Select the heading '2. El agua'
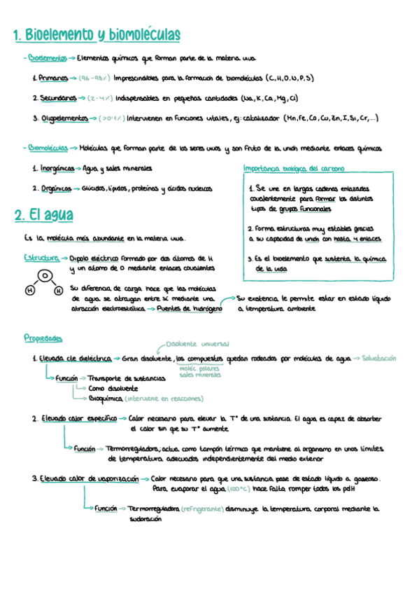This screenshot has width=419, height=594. [43, 216]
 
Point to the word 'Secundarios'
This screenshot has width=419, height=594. [58, 98]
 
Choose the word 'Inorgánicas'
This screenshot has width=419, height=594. [56, 169]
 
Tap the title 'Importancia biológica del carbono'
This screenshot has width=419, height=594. [293, 169]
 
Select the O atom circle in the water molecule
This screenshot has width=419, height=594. [44, 275]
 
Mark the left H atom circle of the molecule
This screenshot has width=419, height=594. [30, 289]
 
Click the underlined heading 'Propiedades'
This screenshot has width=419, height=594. [43, 338]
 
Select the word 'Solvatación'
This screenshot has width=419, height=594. [385, 358]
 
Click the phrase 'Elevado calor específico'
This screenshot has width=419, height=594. [78, 418]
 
